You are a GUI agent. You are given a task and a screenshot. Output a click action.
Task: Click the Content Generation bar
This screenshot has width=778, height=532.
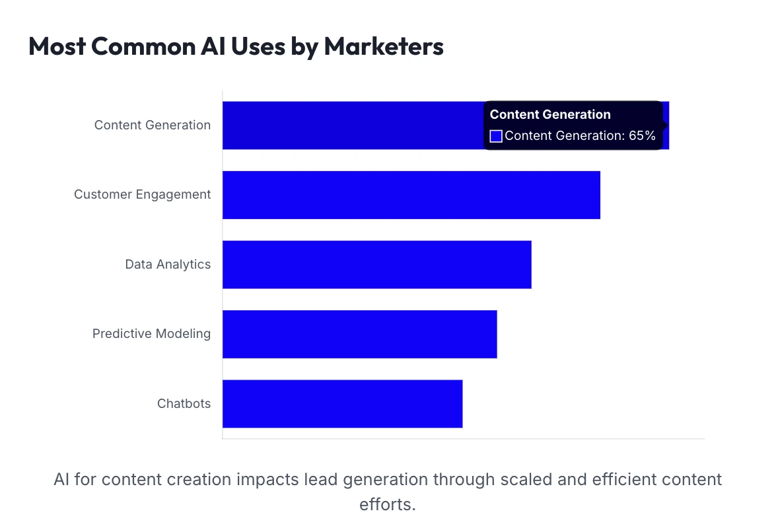[x=350, y=125]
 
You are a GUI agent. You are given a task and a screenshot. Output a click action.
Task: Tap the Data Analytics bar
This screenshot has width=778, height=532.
[x=376, y=264]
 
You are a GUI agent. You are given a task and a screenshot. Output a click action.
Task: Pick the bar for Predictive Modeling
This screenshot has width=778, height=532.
[x=359, y=334]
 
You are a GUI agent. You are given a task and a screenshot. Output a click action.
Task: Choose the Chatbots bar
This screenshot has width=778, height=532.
[x=342, y=403]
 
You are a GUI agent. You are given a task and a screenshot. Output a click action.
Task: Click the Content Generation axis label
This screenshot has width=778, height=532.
[x=153, y=125]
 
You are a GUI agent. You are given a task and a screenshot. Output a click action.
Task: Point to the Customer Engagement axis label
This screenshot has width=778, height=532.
[x=143, y=195]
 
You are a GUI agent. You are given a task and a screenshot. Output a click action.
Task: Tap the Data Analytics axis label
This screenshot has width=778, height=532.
[x=168, y=264]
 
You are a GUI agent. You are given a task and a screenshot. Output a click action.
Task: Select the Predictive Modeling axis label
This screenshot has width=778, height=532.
[x=151, y=334]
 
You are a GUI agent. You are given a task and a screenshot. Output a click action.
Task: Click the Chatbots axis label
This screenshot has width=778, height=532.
[x=184, y=403]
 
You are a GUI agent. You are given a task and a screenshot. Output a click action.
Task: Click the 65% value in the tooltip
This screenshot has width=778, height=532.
[x=642, y=136]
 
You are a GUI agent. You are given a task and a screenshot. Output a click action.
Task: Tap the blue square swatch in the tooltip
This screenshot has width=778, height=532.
[x=496, y=137]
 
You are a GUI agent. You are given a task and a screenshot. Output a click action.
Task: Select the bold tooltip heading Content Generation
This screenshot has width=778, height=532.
[x=550, y=114]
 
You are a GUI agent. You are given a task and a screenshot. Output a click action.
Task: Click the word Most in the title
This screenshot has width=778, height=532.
[x=57, y=47]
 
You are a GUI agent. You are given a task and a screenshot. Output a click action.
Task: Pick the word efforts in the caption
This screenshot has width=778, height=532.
[x=388, y=504]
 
